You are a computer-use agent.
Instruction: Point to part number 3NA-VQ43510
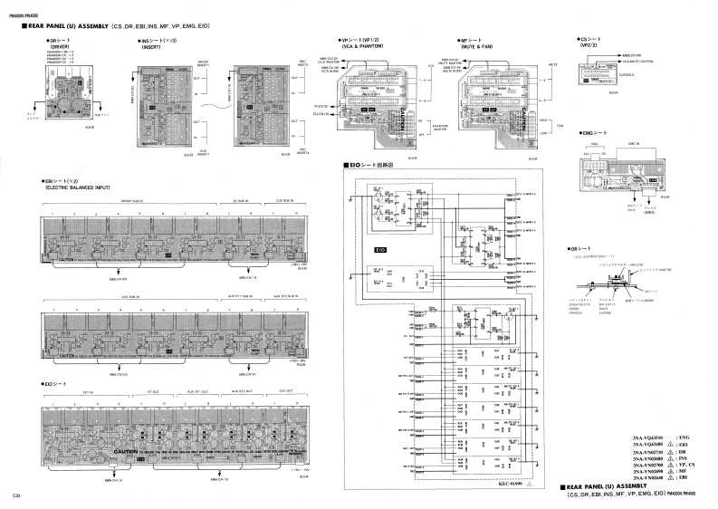point(648,437)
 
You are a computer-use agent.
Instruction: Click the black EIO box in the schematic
point(380,247)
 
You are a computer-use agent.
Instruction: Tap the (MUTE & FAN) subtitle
point(476,46)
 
